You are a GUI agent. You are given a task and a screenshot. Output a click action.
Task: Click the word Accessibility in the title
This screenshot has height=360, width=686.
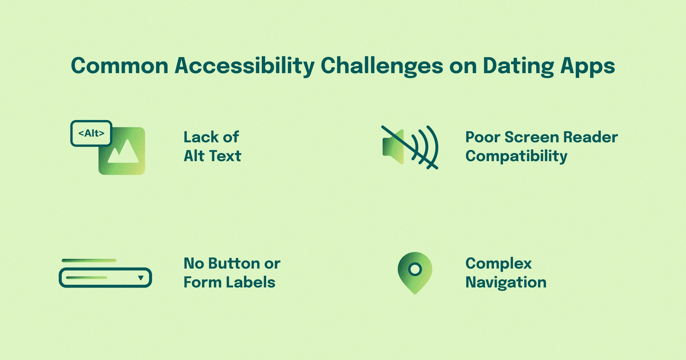pos(244,66)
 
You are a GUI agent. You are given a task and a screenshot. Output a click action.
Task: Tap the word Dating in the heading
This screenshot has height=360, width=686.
pos(518,66)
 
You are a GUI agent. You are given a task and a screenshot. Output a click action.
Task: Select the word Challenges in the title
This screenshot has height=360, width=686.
pos(382,66)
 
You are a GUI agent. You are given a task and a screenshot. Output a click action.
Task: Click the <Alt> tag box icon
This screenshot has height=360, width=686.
pos(91,133)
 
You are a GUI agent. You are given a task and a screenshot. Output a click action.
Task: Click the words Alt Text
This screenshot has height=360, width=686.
pos(212,156)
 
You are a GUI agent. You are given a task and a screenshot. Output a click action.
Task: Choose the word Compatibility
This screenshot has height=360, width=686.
pos(516,156)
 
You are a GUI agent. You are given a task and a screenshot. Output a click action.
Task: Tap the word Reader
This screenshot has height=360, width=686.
pos(590,137)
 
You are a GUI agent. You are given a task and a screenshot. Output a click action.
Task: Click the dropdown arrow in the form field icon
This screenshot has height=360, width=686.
pos(141,277)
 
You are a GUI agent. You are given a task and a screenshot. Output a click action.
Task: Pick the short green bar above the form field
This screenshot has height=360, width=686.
pos(89,260)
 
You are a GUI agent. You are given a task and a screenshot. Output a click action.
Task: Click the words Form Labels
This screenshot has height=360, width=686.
pos(229,282)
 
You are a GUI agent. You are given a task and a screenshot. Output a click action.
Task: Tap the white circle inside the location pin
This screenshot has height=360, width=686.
pos(415,269)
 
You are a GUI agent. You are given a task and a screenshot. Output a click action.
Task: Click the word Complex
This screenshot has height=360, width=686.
pos(498,264)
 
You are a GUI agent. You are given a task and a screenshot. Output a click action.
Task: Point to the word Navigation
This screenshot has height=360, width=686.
pos(506,282)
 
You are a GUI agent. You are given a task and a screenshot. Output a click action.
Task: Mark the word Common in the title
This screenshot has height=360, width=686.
pos(120,66)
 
